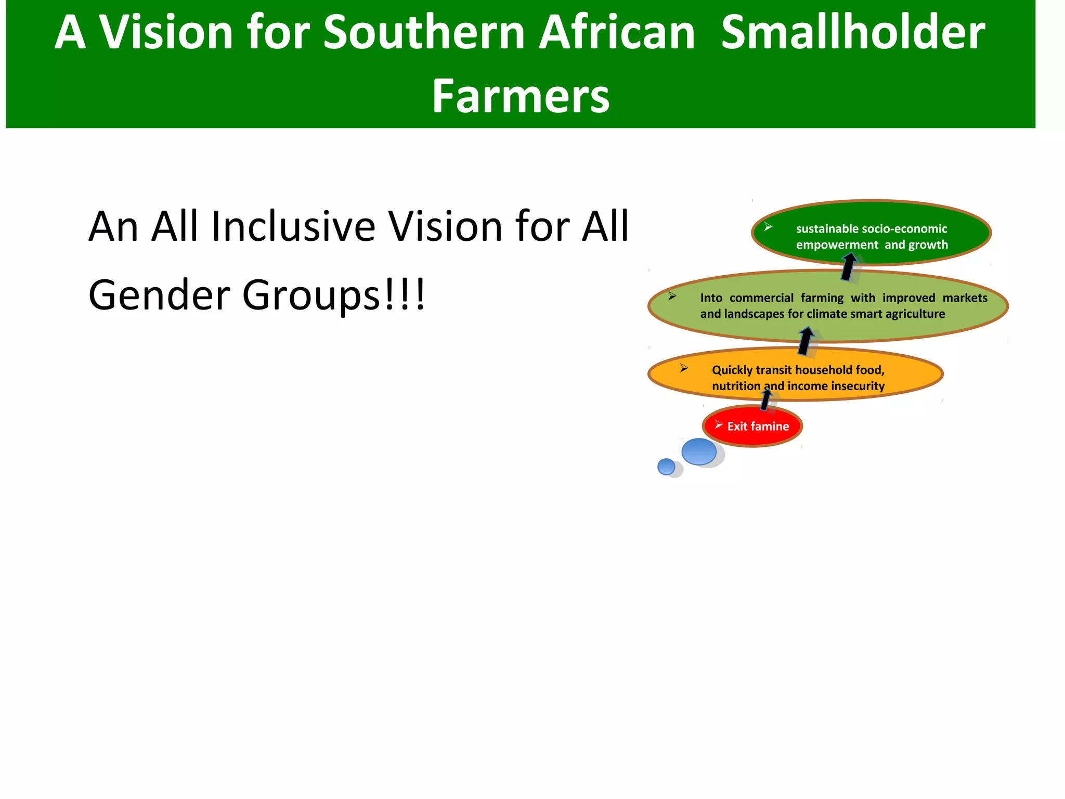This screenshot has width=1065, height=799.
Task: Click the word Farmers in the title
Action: [x=521, y=96]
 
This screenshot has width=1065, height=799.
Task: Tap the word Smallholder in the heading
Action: [x=853, y=32]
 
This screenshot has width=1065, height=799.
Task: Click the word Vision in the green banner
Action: [x=166, y=32]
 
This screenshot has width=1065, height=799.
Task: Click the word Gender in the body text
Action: [x=159, y=295]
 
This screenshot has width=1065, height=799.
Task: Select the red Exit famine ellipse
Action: [x=752, y=426]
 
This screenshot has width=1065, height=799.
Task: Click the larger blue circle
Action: [x=699, y=451]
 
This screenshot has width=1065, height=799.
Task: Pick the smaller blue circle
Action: [x=666, y=466]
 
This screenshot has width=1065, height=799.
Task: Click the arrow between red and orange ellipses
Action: [x=765, y=399]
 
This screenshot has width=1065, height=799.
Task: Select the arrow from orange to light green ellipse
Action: [x=806, y=341]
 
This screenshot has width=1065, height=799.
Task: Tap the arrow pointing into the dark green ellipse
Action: [x=849, y=267]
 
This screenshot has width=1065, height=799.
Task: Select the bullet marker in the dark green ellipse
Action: [x=768, y=227]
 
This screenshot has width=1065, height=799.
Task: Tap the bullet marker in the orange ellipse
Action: [x=684, y=368]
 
